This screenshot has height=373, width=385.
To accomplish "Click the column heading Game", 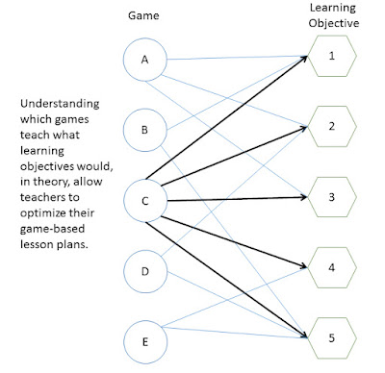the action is click(x=143, y=15).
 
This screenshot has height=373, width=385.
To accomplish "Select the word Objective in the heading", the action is click(x=334, y=23).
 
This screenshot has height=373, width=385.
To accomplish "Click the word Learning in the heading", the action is click(x=333, y=8).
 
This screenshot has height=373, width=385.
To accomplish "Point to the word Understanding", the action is click(x=60, y=104).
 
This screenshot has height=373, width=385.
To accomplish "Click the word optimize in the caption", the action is click(x=57, y=213).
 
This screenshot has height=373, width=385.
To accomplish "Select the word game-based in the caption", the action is click(x=52, y=229).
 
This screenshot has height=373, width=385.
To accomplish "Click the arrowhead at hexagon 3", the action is click(x=303, y=197).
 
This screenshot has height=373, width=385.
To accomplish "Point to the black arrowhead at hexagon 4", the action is click(x=303, y=265).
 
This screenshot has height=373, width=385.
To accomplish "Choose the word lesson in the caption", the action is click(x=37, y=244).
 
